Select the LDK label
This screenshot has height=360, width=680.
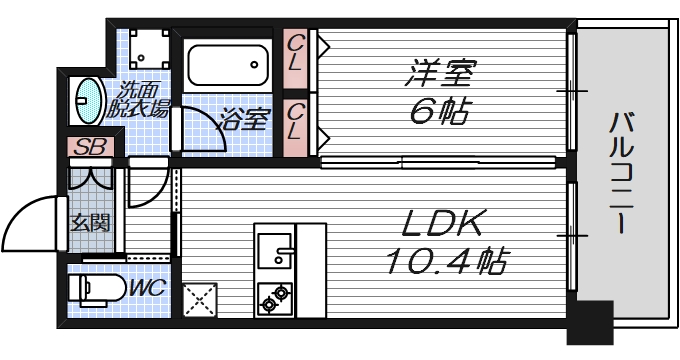pyautogui.click(x=446, y=223)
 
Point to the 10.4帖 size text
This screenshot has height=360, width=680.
pyautogui.click(x=446, y=262)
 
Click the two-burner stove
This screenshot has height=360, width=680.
pyautogui.click(x=274, y=297)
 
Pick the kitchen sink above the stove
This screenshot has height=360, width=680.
pyautogui.click(x=274, y=251)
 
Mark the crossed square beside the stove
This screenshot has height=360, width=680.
pyautogui.click(x=200, y=299)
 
